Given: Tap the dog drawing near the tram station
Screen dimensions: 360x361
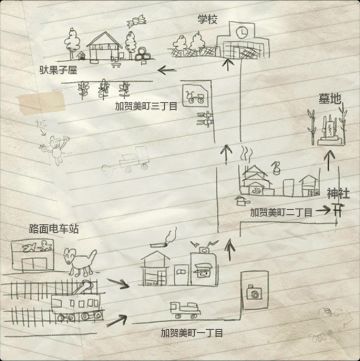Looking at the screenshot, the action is point(81,261).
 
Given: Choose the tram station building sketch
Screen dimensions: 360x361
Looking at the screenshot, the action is point(36,255).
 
